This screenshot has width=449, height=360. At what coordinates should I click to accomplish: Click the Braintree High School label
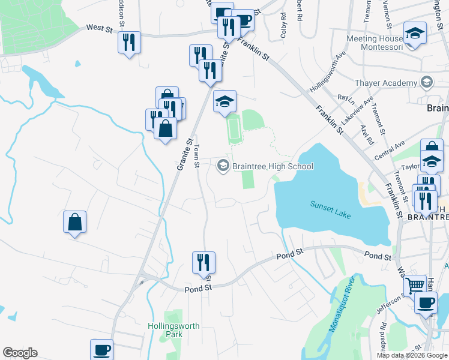[x=273, y=166]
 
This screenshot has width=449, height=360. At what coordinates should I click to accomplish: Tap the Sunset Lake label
[x=330, y=209]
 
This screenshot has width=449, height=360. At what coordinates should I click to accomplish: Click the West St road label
[x=100, y=28]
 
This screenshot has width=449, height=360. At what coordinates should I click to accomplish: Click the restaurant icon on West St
[x=129, y=43]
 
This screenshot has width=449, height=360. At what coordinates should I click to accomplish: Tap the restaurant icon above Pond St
[x=203, y=262]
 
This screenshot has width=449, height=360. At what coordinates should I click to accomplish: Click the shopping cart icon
[x=415, y=286]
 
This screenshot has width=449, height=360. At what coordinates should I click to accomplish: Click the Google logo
[x=20, y=353]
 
